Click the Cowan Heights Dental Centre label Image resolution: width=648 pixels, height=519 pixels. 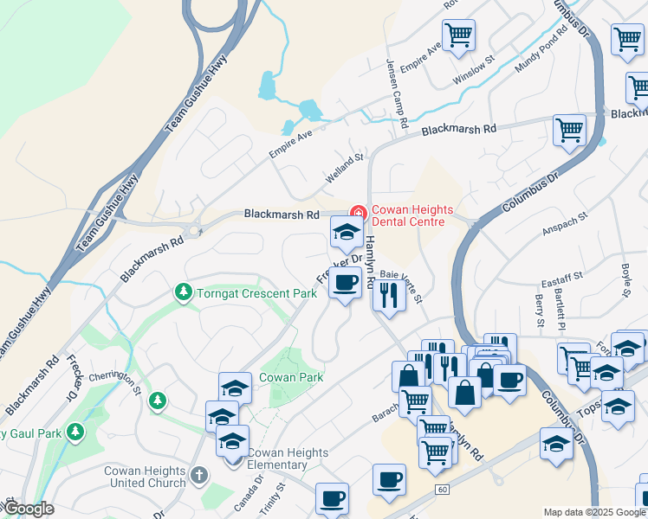coord(408,215)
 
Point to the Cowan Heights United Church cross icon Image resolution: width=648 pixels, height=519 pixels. coord(199,474)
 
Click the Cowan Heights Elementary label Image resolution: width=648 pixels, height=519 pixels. coord(288,459)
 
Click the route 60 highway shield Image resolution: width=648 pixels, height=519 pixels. coord(442,490)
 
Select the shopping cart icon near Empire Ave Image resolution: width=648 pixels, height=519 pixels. coord(458,35)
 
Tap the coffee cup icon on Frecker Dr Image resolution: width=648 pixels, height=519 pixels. coord(345,282)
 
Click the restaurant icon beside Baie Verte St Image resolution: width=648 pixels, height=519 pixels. coord(388,296)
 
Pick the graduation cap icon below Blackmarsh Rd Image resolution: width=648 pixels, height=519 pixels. coord(346,232)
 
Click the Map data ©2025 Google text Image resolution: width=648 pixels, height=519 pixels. coord(594,512)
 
